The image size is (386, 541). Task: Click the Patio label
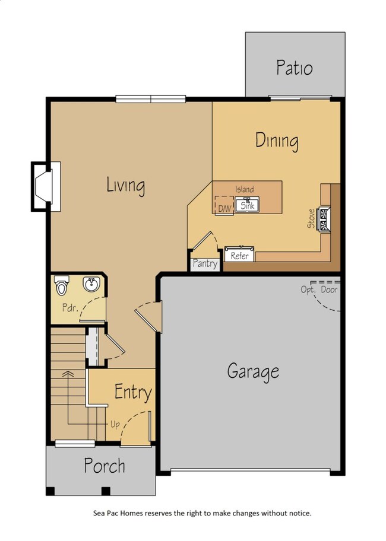tap(294, 68)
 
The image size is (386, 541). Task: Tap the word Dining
tap(277, 141)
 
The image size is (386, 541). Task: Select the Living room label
tap(125, 185)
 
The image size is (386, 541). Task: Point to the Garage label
tap(253, 372)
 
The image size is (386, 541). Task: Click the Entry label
tap(132, 392)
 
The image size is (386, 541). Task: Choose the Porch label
tap(104, 466)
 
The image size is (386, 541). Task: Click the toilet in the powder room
tap(61, 287)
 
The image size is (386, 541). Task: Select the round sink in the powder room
tap(91, 285)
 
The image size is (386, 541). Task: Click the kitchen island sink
tap(247, 206)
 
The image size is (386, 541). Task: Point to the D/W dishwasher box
tap(224, 205)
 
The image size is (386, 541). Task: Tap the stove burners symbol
tap(325, 219)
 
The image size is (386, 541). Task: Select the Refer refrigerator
tap(239, 254)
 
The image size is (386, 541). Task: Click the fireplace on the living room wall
tap(43, 186)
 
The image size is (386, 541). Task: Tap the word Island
tap(244, 189)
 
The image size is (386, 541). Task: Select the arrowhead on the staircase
tap(68, 374)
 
